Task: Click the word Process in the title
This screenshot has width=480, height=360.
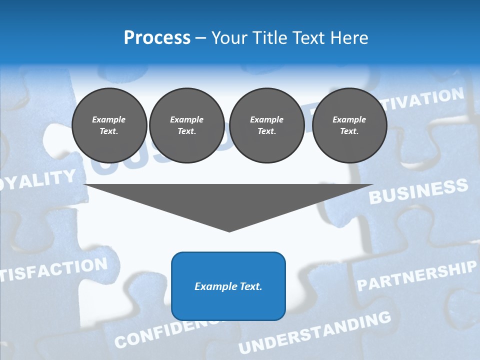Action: [x=157, y=38]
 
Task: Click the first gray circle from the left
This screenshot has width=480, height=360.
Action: [x=109, y=125]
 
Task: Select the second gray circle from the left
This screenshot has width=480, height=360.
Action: [x=186, y=125]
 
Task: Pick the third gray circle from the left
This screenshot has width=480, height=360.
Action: [x=266, y=125]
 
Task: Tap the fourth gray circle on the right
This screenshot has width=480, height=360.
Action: [x=349, y=125]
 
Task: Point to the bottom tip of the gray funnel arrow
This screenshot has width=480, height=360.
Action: [x=229, y=230]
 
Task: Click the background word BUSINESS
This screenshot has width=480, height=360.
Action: [x=418, y=191]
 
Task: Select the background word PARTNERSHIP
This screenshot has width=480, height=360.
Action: [x=416, y=276]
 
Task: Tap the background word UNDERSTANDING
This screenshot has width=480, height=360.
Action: [x=315, y=332]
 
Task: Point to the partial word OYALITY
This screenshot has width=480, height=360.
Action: [x=38, y=180]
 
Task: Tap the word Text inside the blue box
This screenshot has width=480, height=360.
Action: [x=251, y=286]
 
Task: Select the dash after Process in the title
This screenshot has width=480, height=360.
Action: [x=200, y=38]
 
